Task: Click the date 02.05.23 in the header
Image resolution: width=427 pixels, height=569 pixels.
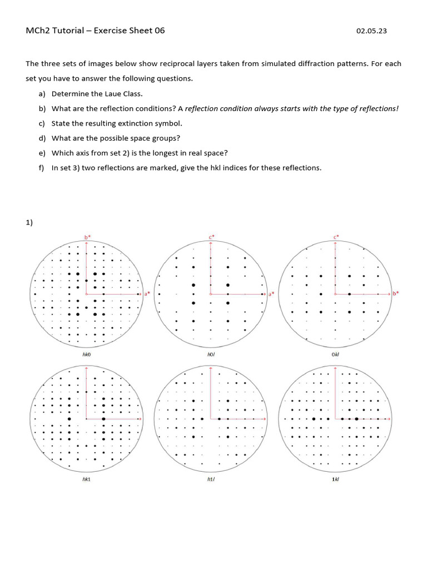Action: (x=371, y=31)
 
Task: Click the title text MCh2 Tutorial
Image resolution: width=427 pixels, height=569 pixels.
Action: (x=56, y=31)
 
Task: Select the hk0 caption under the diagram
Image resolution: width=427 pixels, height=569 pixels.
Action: (x=86, y=353)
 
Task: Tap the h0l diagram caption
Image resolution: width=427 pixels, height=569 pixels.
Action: (x=211, y=353)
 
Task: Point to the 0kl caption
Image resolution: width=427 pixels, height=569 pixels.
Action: (x=335, y=353)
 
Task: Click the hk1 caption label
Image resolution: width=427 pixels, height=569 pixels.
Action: (x=86, y=478)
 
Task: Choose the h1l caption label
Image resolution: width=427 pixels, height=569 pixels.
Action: (x=211, y=478)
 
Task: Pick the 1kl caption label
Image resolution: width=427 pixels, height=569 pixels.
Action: (x=335, y=478)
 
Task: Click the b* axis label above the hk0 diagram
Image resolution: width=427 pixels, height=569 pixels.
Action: (x=87, y=237)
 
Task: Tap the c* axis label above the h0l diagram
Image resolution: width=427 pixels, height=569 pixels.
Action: (x=212, y=237)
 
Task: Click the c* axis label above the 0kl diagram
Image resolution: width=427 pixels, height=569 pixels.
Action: (x=336, y=237)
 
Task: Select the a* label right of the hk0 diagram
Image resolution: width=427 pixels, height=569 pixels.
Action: (x=147, y=293)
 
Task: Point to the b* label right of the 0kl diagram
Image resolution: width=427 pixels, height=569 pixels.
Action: (x=396, y=293)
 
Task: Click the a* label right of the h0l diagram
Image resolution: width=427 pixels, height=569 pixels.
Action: (x=271, y=293)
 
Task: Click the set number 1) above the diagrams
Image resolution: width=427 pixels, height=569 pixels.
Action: (x=29, y=223)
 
